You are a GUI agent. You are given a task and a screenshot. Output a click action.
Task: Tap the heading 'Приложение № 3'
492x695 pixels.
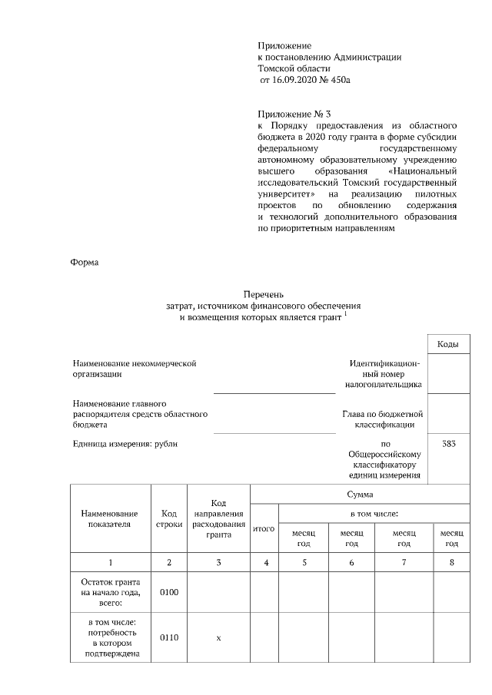294,112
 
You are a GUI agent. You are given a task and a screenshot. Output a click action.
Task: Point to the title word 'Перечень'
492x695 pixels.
264,294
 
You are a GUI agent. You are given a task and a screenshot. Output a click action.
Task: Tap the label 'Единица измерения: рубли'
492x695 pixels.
128,444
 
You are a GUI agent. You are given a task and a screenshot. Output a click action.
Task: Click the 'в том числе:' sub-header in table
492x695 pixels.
374,513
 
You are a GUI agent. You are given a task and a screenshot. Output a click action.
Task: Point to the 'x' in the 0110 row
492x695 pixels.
218,637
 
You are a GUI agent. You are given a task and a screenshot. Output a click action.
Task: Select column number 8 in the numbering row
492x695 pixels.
450,563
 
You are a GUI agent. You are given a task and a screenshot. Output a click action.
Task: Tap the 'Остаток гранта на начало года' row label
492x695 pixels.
110,593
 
